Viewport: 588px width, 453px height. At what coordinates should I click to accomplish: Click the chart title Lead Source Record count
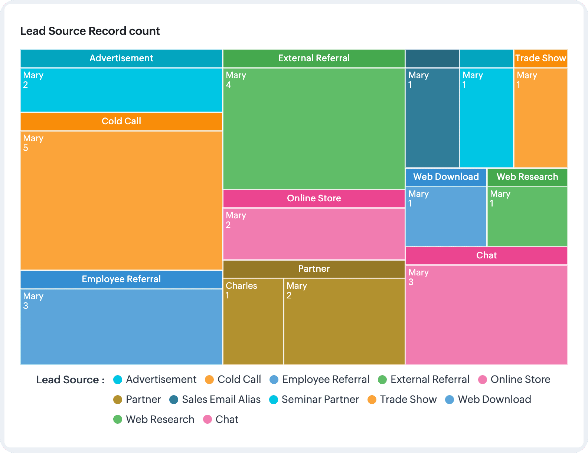[90, 31]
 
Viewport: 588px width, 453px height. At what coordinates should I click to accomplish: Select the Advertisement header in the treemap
[121, 58]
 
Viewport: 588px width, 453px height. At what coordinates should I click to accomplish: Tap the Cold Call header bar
[121, 121]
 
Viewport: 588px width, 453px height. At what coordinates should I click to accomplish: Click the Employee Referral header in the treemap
[121, 279]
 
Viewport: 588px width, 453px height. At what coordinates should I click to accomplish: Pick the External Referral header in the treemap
[314, 58]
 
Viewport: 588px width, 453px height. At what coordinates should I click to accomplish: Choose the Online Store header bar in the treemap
[314, 198]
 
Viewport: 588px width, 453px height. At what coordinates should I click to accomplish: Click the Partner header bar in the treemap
[314, 269]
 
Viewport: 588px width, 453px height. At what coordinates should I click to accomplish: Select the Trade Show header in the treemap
[540, 58]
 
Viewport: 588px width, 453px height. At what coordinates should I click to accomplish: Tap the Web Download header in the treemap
[446, 177]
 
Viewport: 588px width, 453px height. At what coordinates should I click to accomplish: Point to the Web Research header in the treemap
[527, 177]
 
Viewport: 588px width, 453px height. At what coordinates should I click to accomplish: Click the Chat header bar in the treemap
[486, 255]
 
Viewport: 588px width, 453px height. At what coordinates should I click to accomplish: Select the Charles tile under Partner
[253, 321]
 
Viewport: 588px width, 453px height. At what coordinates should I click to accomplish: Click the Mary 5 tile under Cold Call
[121, 200]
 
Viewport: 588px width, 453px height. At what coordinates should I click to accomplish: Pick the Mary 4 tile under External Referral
[314, 128]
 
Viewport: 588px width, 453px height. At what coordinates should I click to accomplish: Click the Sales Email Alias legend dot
[174, 400]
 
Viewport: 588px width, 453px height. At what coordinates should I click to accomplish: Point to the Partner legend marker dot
[118, 400]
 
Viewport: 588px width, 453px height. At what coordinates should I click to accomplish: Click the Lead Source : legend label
[70, 380]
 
